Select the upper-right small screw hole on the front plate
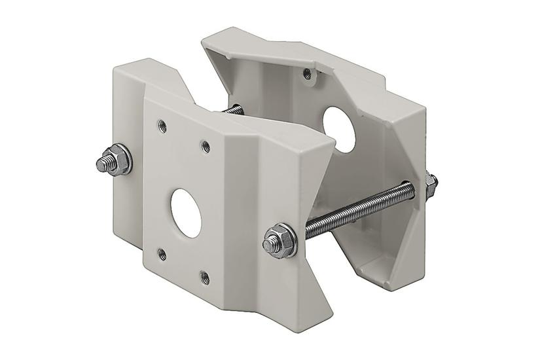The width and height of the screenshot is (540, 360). [x=206, y=145]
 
